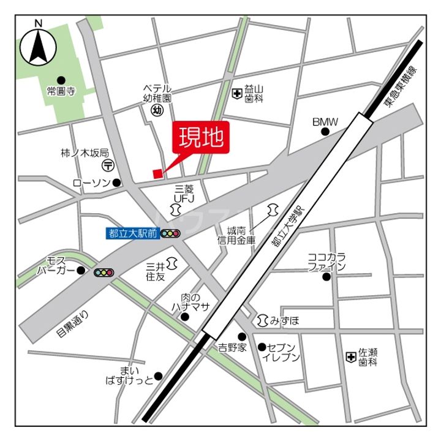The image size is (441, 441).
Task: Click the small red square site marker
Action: (x=157, y=173)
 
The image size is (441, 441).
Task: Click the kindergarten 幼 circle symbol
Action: (x=156, y=111)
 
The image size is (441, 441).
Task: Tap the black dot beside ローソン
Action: (x=117, y=183)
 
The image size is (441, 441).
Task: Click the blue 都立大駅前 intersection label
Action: (x=133, y=233)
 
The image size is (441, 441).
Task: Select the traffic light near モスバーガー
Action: (x=104, y=272)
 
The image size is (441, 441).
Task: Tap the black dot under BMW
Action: (x=325, y=132)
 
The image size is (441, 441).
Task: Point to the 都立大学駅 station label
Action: (x=287, y=226)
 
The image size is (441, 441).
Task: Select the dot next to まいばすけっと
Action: (x=158, y=376)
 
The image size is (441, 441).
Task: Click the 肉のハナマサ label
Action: (x=195, y=302)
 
